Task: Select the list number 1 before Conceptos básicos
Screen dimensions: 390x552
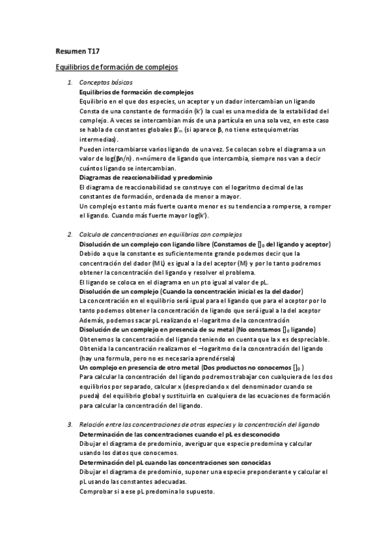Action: [x=70, y=83]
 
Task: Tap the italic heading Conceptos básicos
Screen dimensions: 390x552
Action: [x=105, y=83]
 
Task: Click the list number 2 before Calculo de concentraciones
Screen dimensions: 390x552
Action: [x=70, y=234]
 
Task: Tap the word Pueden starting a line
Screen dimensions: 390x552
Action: [x=90, y=149]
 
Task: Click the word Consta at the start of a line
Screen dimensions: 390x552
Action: [x=89, y=111]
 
